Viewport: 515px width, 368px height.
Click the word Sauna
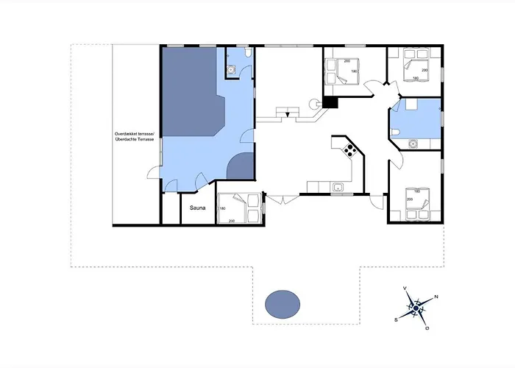pyautogui.click(x=198, y=208)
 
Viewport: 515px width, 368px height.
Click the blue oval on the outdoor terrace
pyautogui.click(x=282, y=303)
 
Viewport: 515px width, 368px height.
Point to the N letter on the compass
pyautogui.click(x=436, y=297)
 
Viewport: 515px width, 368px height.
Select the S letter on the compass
pyautogui.click(x=397, y=319)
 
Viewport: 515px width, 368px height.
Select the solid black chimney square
pyautogui.click(x=330, y=102)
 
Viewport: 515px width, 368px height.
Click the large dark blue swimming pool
pyautogui.click(x=191, y=92)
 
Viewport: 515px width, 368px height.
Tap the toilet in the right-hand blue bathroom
pyautogui.click(x=397, y=132)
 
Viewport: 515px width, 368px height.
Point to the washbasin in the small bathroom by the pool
pyautogui.click(x=231, y=70)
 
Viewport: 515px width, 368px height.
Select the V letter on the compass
pyautogui.click(x=405, y=289)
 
